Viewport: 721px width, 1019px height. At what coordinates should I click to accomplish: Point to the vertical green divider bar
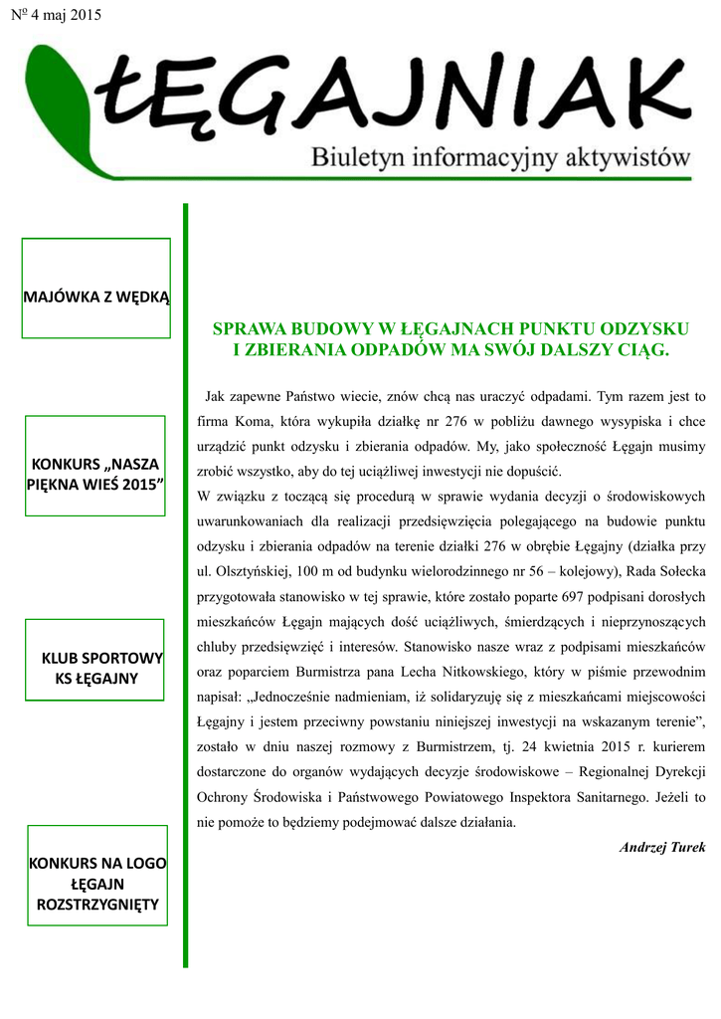pos(185,585)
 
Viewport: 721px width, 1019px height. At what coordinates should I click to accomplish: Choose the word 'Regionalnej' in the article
pos(590,772)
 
